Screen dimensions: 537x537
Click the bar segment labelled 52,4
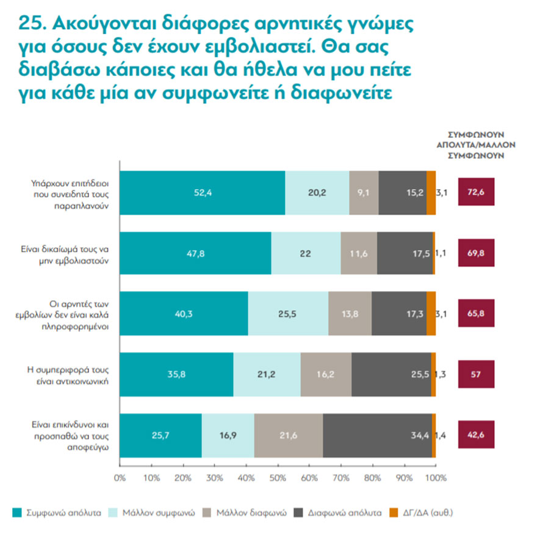202,193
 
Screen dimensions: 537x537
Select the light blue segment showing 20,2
317,193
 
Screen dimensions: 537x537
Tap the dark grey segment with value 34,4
377,435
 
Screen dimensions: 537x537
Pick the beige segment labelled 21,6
289,435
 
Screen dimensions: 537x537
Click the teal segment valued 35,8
176,375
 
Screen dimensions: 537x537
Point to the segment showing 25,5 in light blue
288,314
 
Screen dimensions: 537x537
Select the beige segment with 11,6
359,253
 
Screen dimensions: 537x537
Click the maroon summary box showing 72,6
476,193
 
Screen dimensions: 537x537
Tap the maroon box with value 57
476,375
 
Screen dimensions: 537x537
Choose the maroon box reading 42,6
476,435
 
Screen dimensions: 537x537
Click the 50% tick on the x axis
277,477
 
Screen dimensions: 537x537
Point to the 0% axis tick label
120,477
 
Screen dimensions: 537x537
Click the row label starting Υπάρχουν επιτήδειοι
71,193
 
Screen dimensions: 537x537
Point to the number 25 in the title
32,25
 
